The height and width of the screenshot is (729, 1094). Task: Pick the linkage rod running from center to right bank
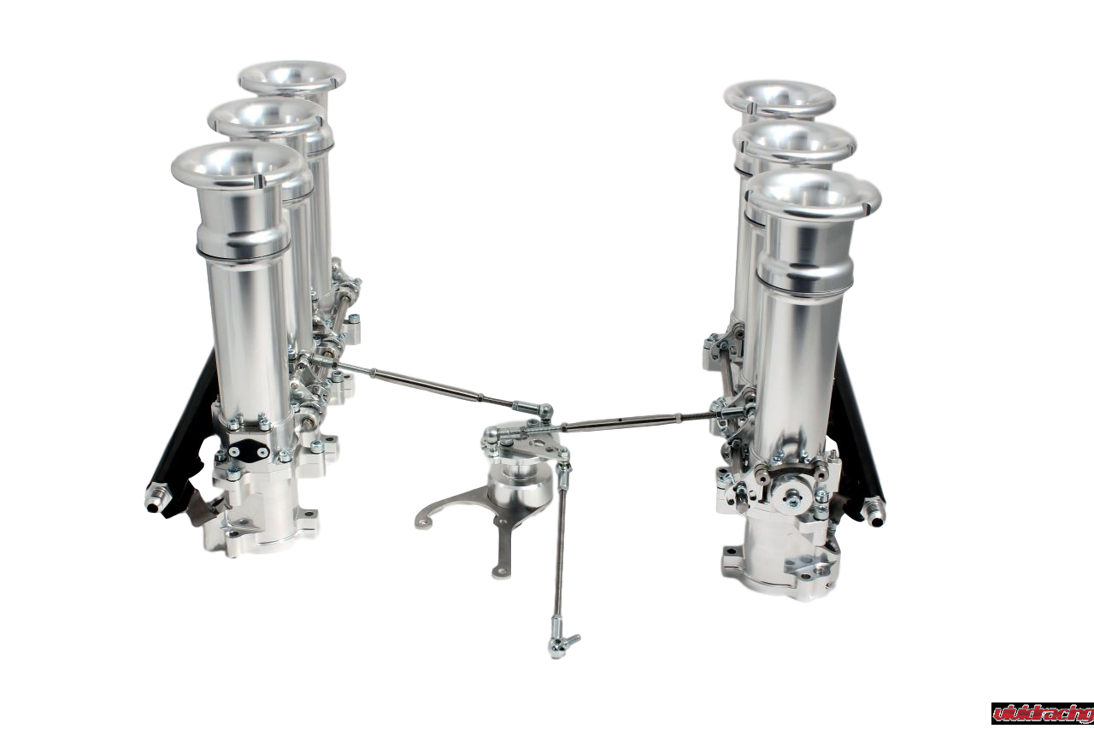click(632, 419)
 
